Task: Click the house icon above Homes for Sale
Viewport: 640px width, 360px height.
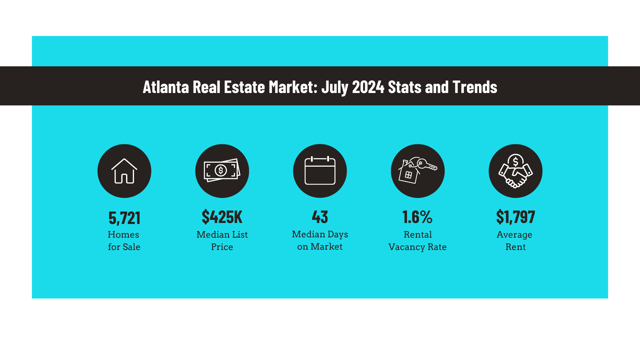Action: pyautogui.click(x=124, y=171)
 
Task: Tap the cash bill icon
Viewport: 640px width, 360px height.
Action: pyautogui.click(x=222, y=171)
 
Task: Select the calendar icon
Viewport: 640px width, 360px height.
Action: pyautogui.click(x=320, y=171)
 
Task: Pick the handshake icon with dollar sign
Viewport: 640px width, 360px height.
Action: pyautogui.click(x=515, y=171)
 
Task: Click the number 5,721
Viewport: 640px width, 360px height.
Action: pyautogui.click(x=124, y=218)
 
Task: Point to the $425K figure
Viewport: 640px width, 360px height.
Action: pyautogui.click(x=222, y=217)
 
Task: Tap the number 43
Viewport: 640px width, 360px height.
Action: pyautogui.click(x=320, y=217)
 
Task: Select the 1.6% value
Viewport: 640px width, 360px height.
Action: pyautogui.click(x=417, y=217)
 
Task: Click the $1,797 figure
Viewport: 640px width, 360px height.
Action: pyautogui.click(x=515, y=217)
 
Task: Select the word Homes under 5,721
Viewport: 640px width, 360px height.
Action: pyautogui.click(x=123, y=235)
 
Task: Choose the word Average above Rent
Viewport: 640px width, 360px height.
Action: pyautogui.click(x=514, y=235)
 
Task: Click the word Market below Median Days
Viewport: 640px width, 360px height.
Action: pyautogui.click(x=326, y=247)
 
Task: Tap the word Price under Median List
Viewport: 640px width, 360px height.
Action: pyautogui.click(x=222, y=247)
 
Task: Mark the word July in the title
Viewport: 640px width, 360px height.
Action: pyautogui.click(x=335, y=87)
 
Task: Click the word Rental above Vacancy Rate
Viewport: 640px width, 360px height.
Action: pyautogui.click(x=418, y=235)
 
